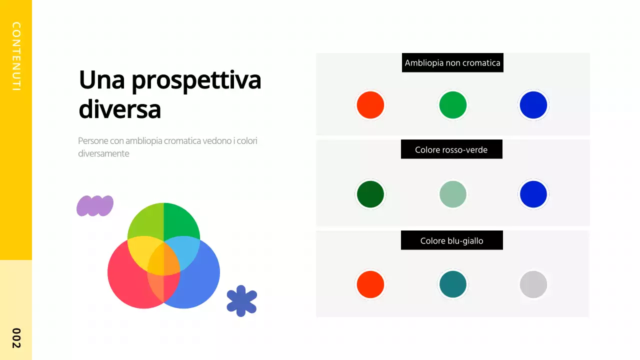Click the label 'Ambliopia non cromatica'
pyautogui.click(x=452, y=63)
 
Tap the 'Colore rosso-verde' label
pyautogui.click(x=451, y=149)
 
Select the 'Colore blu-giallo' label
pyautogui.click(x=451, y=241)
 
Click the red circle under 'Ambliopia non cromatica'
pyautogui.click(x=370, y=105)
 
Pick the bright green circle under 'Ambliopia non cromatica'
pyautogui.click(x=453, y=105)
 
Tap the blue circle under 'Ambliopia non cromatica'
pyautogui.click(x=533, y=105)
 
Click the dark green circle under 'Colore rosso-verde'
pyautogui.click(x=370, y=194)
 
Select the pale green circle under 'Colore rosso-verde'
pyautogui.click(x=453, y=194)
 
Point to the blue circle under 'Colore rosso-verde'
pyautogui.click(x=533, y=194)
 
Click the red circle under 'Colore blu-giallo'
pyautogui.click(x=370, y=284)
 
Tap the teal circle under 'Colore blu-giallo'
pyautogui.click(x=453, y=284)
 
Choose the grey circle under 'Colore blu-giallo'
pyautogui.click(x=533, y=284)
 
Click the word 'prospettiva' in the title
pyautogui.click(x=196, y=80)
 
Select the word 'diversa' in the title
pyautogui.click(x=120, y=109)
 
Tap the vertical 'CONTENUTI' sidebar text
pyautogui.click(x=16, y=56)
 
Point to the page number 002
pyautogui.click(x=16, y=338)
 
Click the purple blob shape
pyautogui.click(x=95, y=205)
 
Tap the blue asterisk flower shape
pyautogui.click(x=241, y=301)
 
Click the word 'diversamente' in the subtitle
pyautogui.click(x=103, y=153)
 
